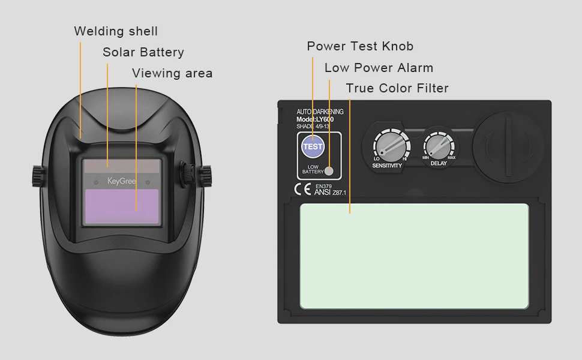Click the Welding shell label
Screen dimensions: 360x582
116,31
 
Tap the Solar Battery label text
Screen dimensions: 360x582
143,52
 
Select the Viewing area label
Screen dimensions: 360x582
172,73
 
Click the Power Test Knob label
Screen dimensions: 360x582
360,46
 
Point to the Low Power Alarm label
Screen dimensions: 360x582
379,68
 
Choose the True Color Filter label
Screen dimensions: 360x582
397,88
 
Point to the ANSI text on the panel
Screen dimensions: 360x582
323,193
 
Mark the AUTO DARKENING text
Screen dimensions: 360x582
320,112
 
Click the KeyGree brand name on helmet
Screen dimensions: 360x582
121,181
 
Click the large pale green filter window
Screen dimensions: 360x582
414,256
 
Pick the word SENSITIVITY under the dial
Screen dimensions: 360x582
387,166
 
